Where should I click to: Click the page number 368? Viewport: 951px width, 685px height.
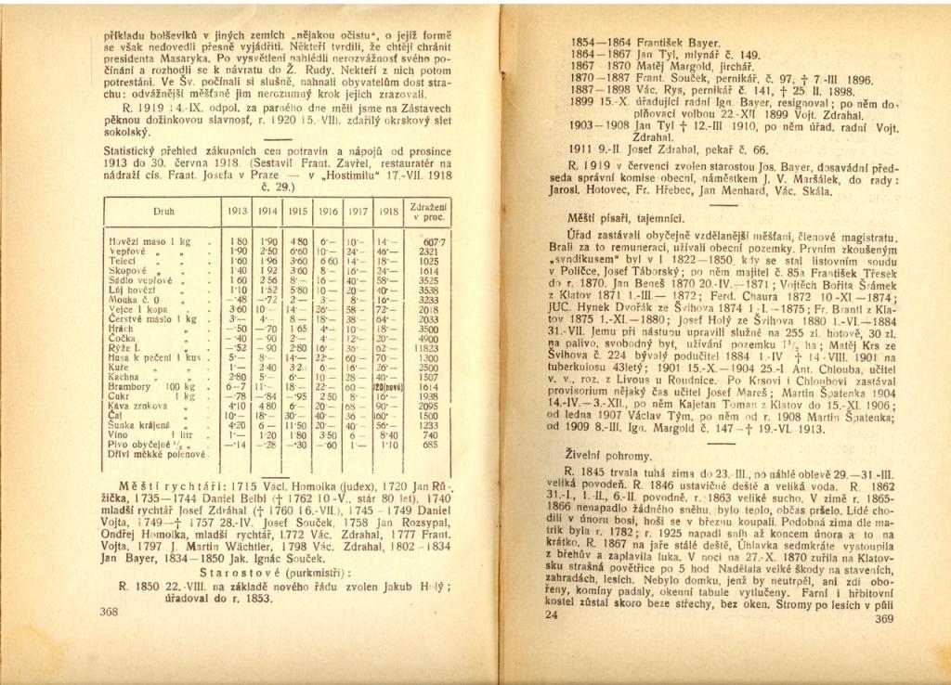pyautogui.click(x=108, y=613)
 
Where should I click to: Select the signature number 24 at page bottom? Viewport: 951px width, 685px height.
pyautogui.click(x=552, y=614)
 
